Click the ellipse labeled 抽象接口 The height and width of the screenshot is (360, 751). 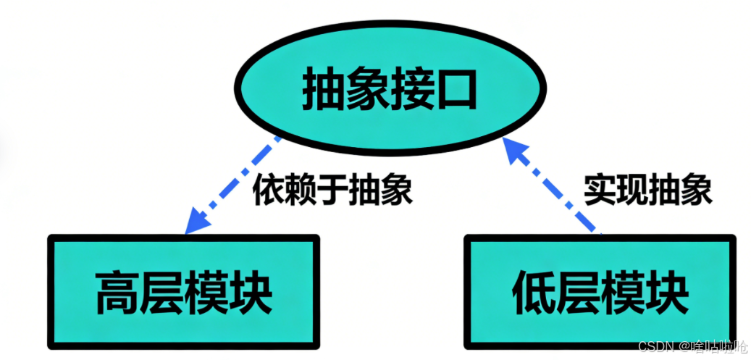(390, 90)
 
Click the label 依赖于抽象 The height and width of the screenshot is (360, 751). (332, 193)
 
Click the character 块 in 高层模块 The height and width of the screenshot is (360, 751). (251, 291)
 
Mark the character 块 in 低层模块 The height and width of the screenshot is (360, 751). (666, 291)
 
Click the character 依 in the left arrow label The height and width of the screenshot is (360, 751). (269, 193)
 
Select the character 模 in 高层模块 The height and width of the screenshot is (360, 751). (206, 291)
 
